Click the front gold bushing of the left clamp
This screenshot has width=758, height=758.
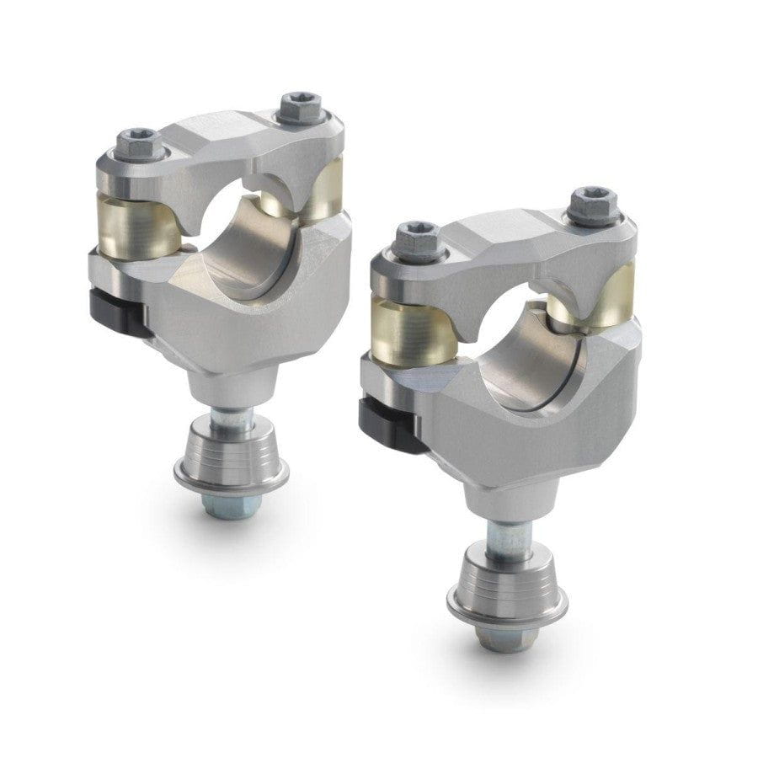(141, 225)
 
